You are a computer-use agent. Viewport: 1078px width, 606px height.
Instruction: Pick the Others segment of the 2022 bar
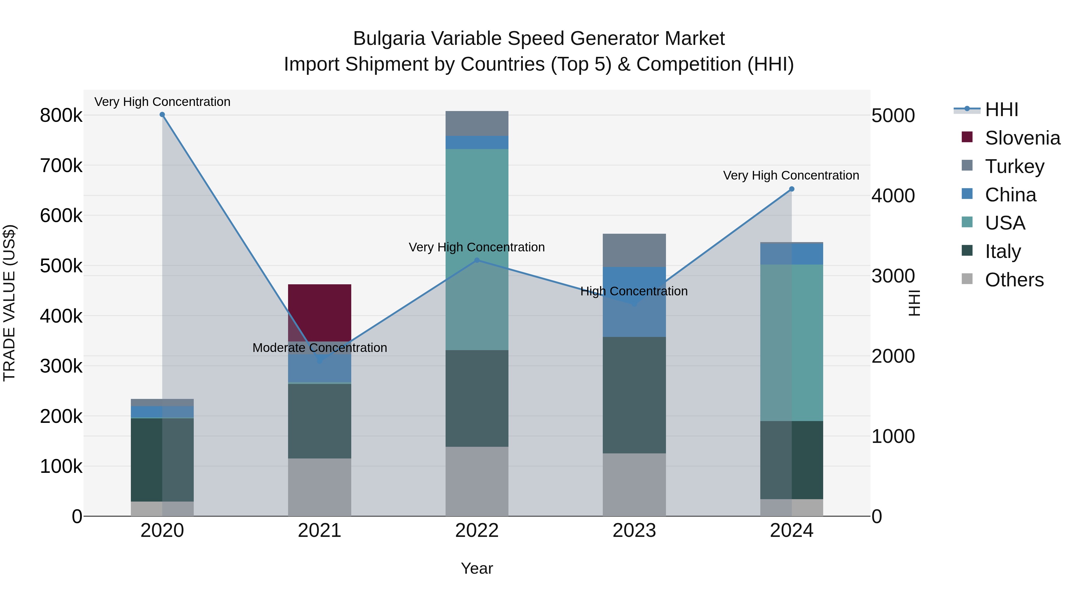click(477, 481)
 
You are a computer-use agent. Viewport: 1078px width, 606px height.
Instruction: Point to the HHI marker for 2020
click(162, 115)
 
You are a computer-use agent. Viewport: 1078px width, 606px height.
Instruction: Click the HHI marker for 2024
click(791, 189)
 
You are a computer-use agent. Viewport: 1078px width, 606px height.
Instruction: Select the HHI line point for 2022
click(477, 260)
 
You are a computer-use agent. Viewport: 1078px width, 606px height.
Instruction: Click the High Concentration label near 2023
click(634, 291)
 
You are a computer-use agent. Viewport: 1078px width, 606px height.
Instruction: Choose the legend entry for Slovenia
click(1022, 138)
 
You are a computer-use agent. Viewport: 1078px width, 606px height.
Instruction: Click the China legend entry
click(1010, 195)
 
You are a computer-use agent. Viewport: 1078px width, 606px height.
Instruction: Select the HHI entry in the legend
click(1001, 110)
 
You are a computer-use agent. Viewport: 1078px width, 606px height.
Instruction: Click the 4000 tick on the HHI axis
click(893, 196)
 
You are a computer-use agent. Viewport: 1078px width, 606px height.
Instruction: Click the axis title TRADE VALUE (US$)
click(9, 303)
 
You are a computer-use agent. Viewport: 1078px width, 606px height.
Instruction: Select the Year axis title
click(477, 568)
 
